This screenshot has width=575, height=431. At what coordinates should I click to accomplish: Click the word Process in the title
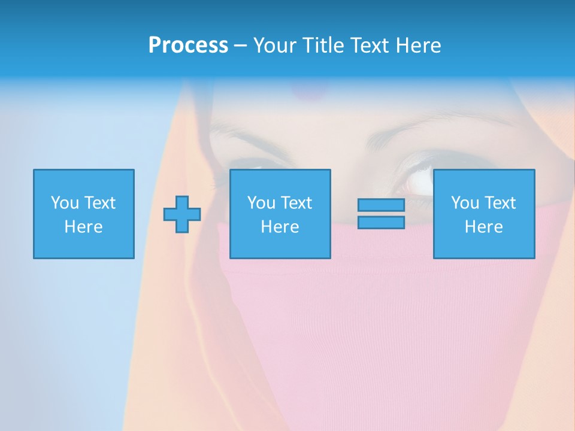pos(188,45)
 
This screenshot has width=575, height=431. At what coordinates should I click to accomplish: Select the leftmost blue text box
pos(83,214)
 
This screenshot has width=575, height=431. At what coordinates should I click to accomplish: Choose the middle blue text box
pos(280,214)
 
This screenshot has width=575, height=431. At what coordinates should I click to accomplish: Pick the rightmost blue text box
pos(483,214)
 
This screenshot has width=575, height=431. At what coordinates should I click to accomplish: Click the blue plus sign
pos(182,214)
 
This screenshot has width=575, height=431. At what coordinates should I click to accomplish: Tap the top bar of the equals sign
pos(381,205)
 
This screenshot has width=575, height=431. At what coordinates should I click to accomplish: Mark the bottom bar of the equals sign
pos(381,222)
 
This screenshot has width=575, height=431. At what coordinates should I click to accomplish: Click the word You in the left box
pos(65,203)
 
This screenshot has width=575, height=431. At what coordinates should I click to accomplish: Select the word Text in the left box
pos(99,203)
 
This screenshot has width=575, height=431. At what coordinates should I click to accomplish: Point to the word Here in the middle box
pos(280,227)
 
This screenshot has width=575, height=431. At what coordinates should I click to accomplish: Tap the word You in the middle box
pos(261,203)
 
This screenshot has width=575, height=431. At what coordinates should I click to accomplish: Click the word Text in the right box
pos(499,203)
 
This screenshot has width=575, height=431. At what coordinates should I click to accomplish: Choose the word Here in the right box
pos(483,227)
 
